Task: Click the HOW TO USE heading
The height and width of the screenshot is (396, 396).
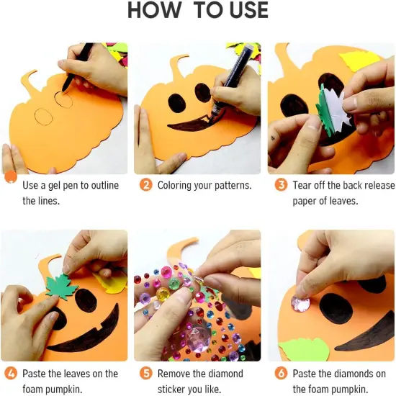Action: click(198, 11)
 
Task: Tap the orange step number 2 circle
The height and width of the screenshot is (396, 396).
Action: click(145, 185)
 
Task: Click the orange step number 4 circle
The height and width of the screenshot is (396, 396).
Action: click(10, 374)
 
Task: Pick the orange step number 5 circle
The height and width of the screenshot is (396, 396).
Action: click(145, 374)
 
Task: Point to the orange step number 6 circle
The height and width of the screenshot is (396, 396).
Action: click(281, 374)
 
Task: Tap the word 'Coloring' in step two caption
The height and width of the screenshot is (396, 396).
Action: click(176, 185)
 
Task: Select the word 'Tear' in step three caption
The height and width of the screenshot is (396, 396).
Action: click(302, 185)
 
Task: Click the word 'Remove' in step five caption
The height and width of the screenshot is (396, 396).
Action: click(177, 374)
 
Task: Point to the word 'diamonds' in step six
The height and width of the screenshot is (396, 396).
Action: click(349, 374)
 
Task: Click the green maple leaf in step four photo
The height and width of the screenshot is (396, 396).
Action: click(62, 285)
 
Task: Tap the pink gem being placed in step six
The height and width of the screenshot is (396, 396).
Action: click(300, 303)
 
